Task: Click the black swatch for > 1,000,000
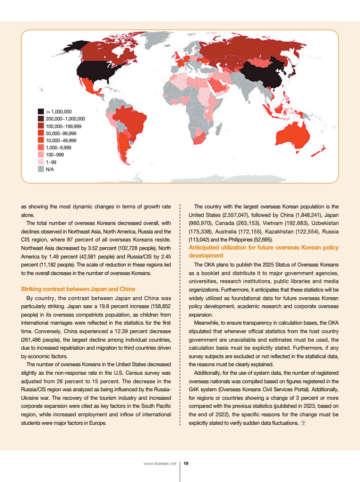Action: (41, 112)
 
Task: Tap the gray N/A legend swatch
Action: (41, 169)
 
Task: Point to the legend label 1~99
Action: (51, 162)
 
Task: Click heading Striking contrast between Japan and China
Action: (78, 289)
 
